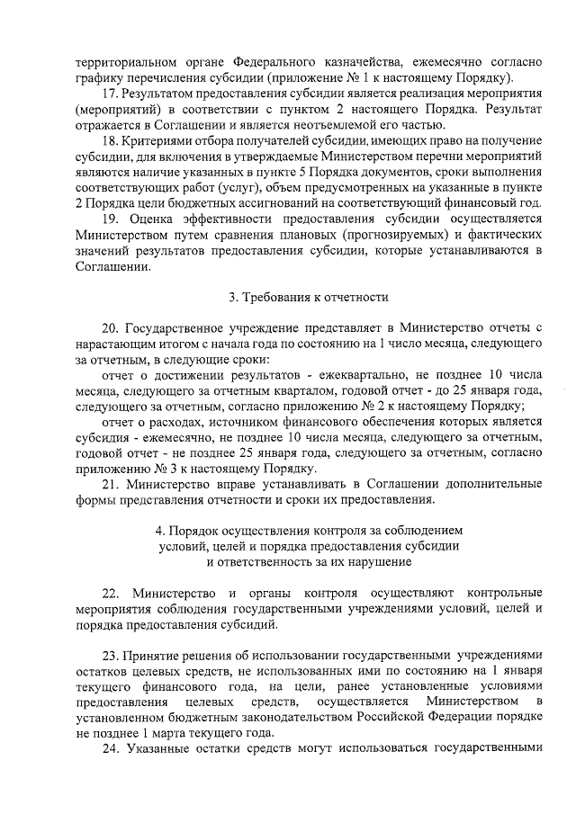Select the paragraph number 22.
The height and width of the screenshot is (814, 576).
click(112, 594)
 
